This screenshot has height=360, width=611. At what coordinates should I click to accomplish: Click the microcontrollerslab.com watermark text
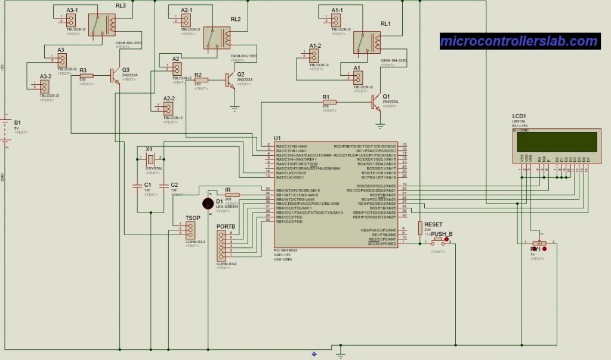pyautogui.click(x=519, y=41)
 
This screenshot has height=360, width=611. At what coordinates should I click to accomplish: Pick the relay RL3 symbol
pyautogui.click(x=101, y=24)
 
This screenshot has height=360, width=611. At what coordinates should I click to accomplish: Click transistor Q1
pyautogui.click(x=376, y=102)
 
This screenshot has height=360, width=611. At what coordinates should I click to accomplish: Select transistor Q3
pyautogui.click(x=115, y=75)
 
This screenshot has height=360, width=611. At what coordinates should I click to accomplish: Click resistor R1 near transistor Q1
pyautogui.click(x=329, y=102)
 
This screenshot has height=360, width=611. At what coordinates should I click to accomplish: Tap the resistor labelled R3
pyautogui.click(x=87, y=76)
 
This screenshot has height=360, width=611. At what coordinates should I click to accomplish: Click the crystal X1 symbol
pyautogui.click(x=150, y=159)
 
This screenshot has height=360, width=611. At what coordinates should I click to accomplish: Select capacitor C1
pyautogui.click(x=137, y=186)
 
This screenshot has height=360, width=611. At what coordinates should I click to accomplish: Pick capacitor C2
pyautogui.click(x=164, y=186)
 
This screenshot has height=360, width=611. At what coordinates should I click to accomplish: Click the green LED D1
pyautogui.click(x=208, y=203)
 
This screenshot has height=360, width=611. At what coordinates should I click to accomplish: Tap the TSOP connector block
pyautogui.click(x=190, y=230)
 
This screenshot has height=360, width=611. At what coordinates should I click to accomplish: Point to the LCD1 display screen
pyautogui.click(x=556, y=141)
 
